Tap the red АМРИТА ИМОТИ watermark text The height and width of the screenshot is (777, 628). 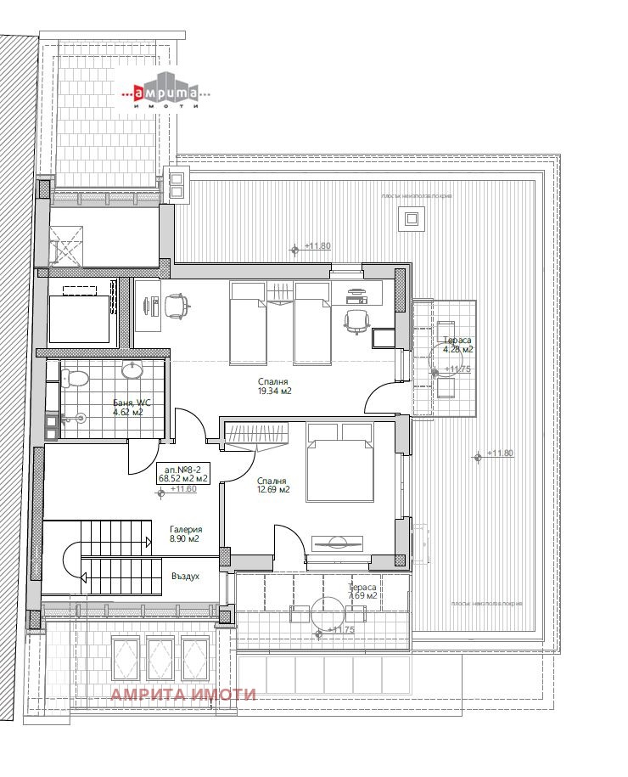(183, 695)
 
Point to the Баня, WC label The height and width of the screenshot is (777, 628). (131, 403)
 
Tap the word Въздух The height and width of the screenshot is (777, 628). (185, 576)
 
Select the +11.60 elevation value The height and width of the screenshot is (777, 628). (183, 489)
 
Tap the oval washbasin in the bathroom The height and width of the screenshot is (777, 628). (132, 370)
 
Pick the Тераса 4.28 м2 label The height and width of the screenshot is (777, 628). (457, 345)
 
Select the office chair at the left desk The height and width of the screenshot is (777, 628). (176, 306)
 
